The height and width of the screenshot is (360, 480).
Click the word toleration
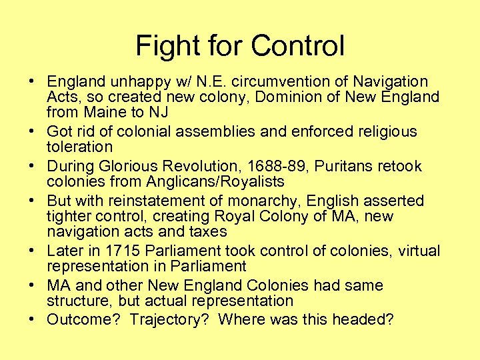[x=79, y=147]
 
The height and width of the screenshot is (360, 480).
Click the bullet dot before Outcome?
[x=32, y=319]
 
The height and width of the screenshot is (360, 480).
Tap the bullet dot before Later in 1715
[x=32, y=251]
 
